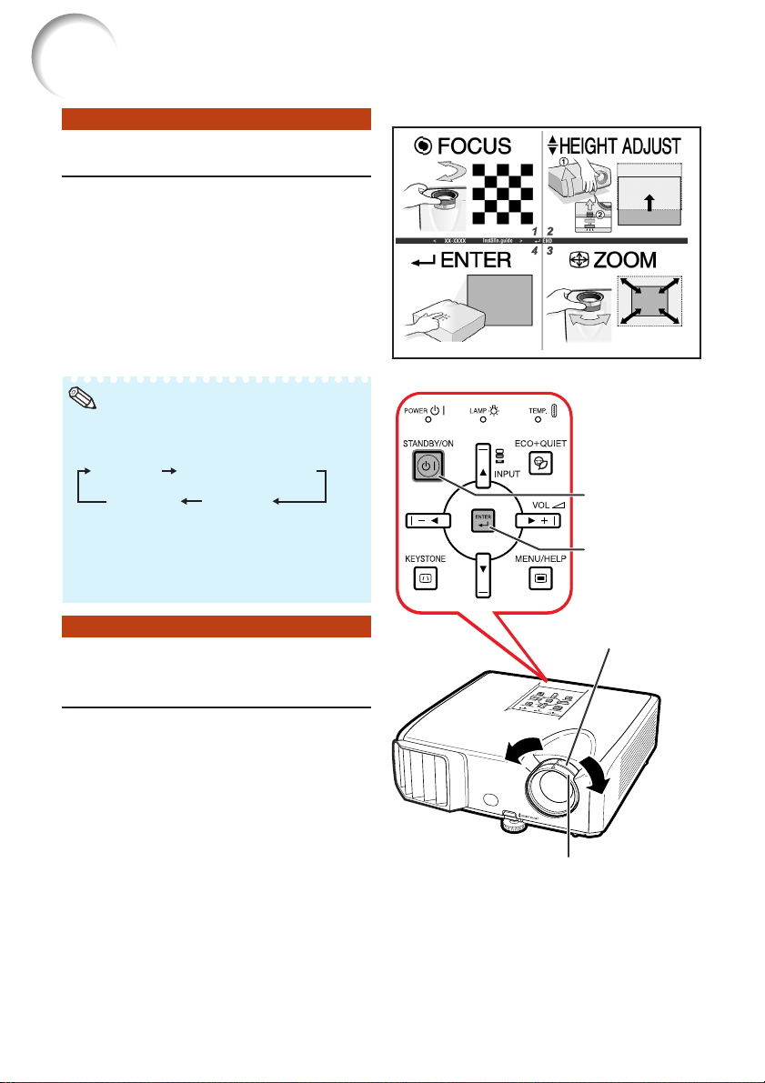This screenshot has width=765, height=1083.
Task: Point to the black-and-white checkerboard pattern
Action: click(503, 194)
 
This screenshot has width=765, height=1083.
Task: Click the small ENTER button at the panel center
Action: click(479, 521)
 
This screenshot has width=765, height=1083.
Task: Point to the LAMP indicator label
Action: click(478, 412)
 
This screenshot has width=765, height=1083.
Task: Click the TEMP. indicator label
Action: click(541, 412)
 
